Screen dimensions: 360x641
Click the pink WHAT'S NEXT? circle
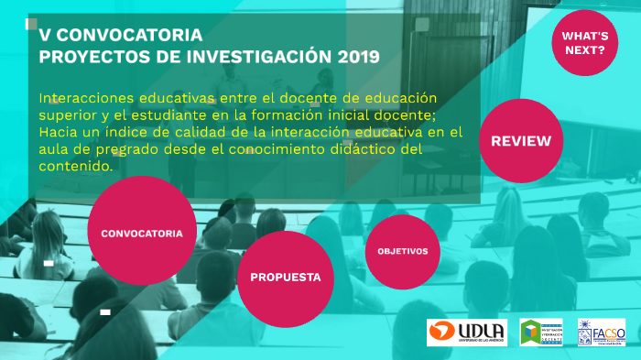(x=583, y=42)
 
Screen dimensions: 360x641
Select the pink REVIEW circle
(x=521, y=140)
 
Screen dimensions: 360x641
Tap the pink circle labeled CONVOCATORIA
(x=141, y=233)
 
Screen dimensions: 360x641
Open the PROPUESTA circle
(x=285, y=278)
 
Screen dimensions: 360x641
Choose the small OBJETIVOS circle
(x=402, y=251)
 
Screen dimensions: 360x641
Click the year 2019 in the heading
(x=358, y=57)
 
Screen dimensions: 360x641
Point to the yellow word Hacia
(x=59, y=133)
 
